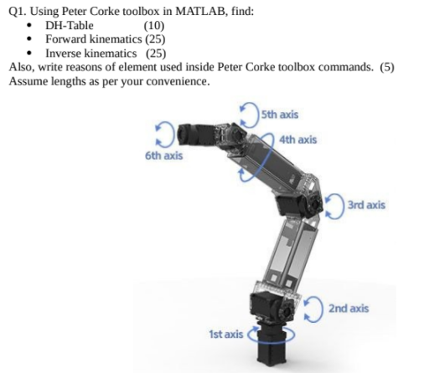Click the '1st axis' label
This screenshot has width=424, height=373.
pyautogui.click(x=226, y=334)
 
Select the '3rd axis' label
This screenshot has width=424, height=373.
pyautogui.click(x=365, y=204)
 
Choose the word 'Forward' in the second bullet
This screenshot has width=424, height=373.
pyautogui.click(x=68, y=38)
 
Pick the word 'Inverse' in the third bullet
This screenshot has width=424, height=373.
pyautogui.click(x=65, y=52)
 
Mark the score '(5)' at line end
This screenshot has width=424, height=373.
pyautogui.click(x=386, y=67)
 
